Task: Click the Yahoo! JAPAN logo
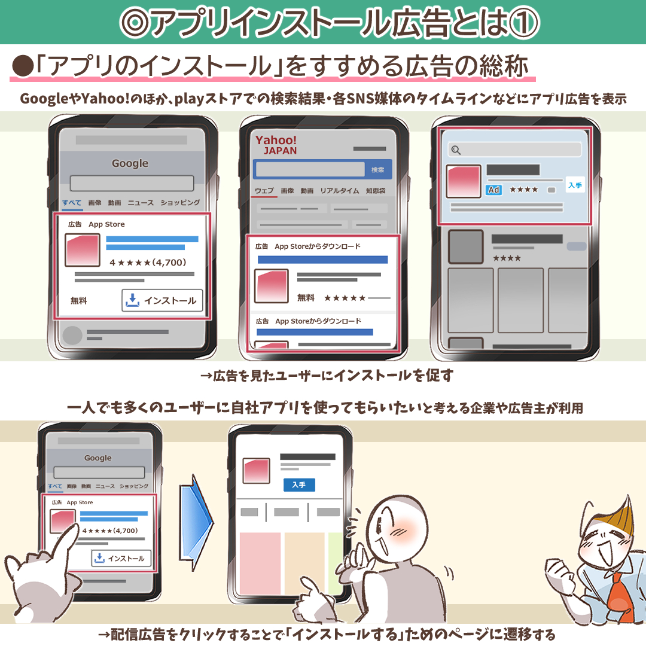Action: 276,145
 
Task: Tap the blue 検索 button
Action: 377,170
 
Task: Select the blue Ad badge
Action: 493,190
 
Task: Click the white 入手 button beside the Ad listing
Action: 575,185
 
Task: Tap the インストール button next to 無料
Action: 162,301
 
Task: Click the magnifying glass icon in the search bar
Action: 456,150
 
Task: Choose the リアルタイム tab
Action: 339,191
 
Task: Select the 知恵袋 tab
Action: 376,191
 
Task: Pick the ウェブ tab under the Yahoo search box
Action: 264,191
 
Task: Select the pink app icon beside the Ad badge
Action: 463,181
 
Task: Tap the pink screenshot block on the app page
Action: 260,562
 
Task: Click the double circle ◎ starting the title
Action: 133,22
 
